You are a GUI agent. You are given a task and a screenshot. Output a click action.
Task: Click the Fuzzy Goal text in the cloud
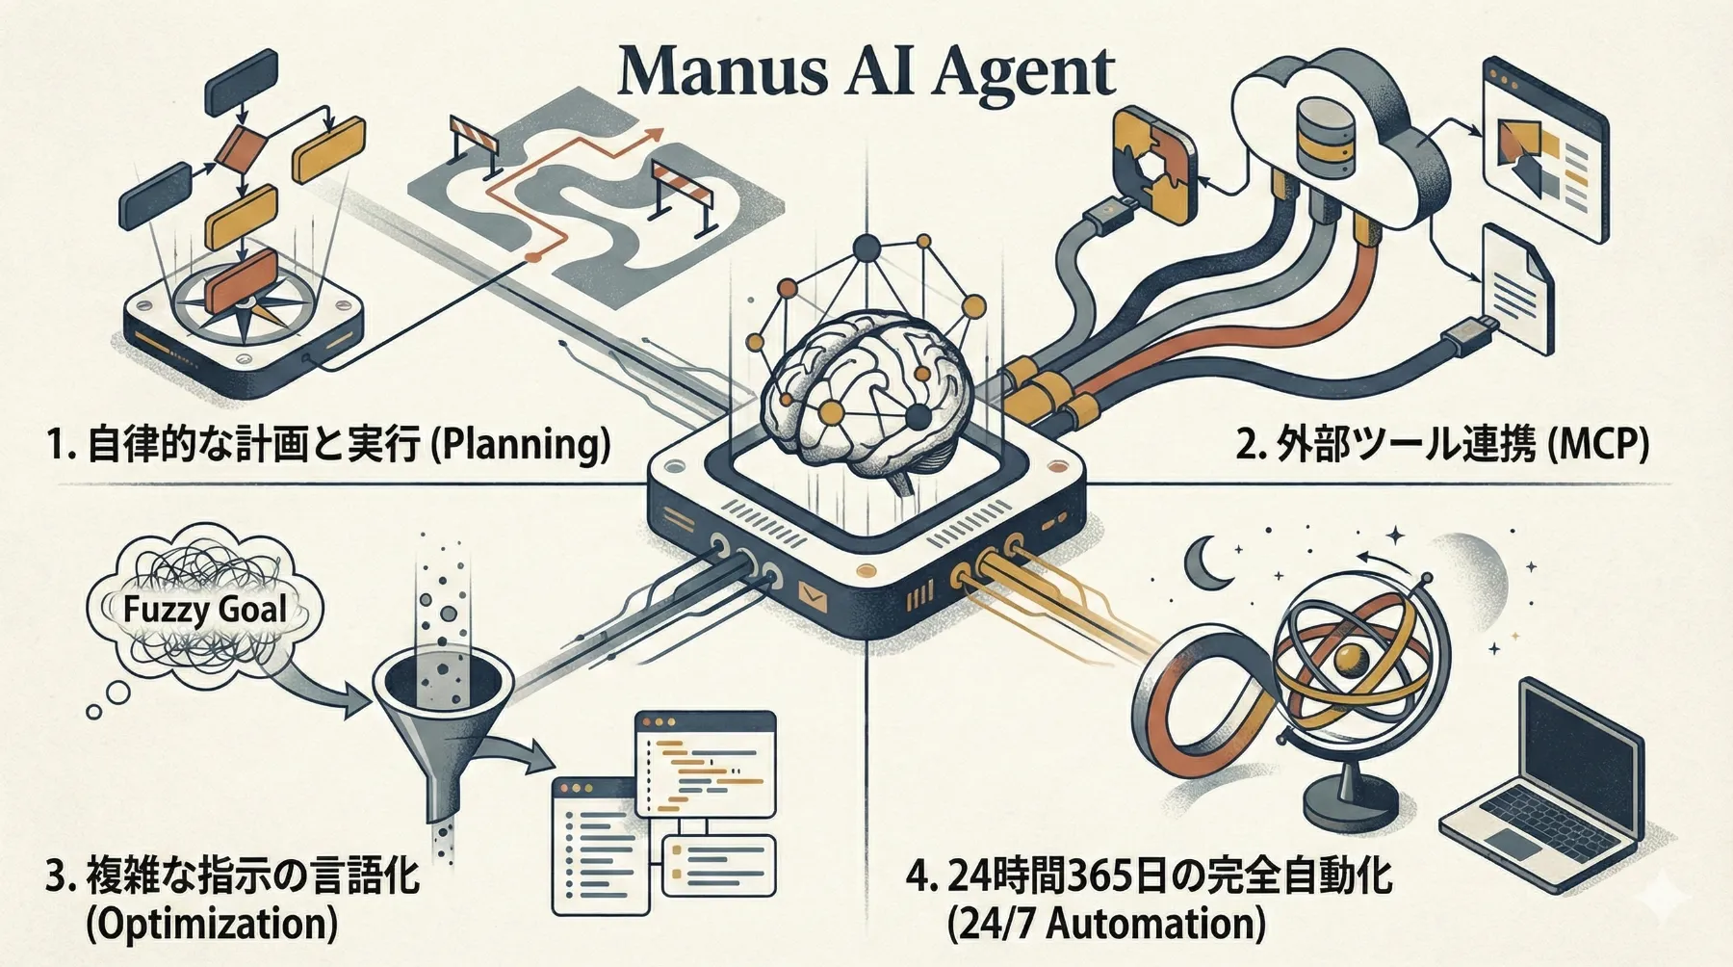coord(205,609)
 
